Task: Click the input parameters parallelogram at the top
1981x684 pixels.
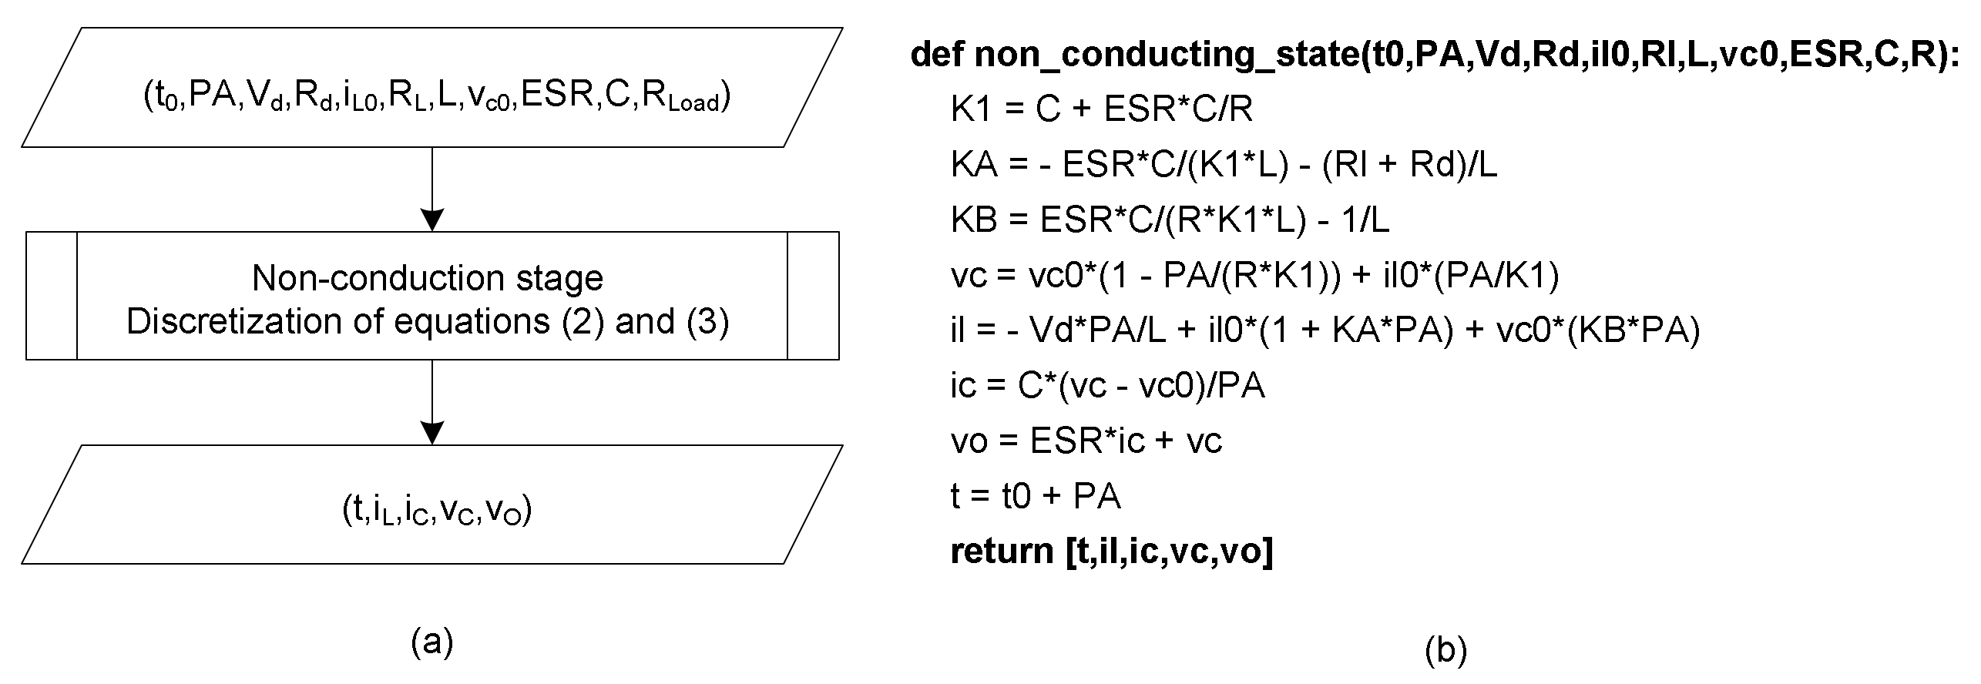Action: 431,88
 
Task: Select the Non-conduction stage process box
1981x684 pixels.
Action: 431,296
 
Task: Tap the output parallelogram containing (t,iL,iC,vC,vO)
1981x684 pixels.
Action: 431,505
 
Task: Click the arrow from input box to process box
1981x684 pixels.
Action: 432,189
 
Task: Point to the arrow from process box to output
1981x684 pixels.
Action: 432,402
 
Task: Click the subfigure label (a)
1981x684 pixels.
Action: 432,642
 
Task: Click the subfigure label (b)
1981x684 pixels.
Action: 1445,651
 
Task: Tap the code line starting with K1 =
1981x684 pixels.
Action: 1102,109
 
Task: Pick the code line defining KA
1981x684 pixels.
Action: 1224,165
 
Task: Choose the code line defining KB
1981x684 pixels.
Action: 1170,220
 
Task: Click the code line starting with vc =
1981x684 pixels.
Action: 1254,276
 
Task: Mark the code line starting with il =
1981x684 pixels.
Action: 1325,330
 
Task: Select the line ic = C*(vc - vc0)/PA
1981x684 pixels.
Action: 1107,385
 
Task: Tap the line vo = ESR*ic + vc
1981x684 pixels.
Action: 1086,441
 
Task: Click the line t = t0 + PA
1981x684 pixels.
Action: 1035,495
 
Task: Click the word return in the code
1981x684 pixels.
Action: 1002,551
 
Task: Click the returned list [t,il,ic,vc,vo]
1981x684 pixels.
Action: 1169,551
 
